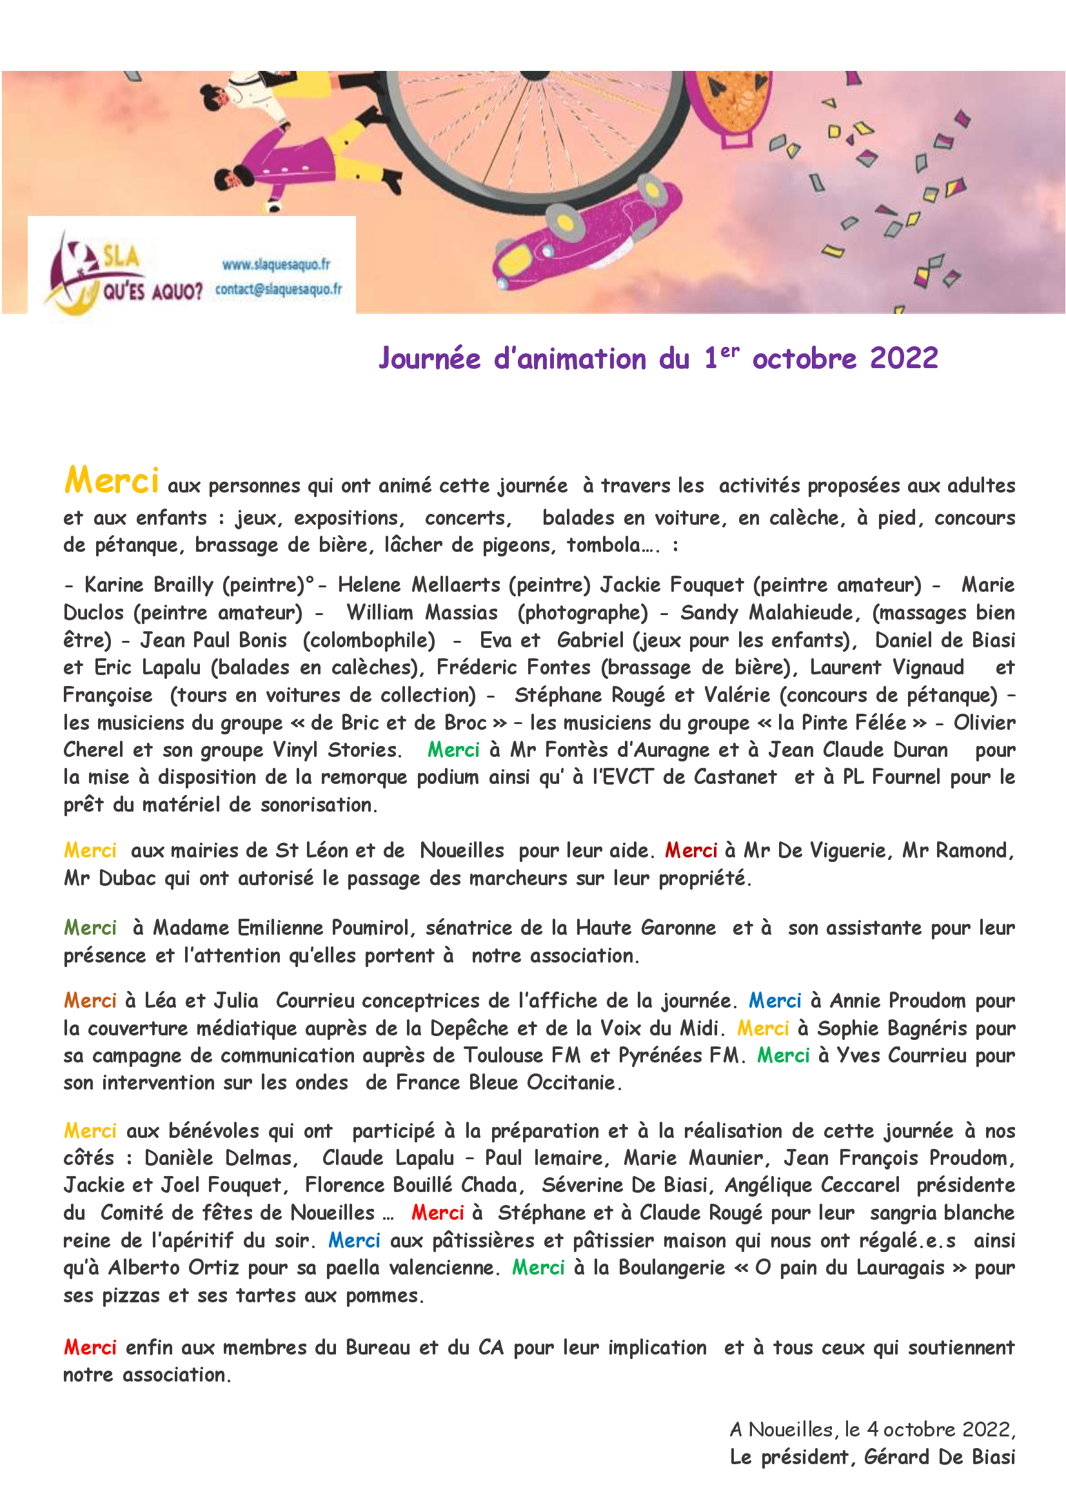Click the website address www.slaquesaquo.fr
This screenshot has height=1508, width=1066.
click(x=276, y=265)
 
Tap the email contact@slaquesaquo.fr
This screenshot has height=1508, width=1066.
click(x=279, y=289)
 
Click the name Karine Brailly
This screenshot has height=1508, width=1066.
click(x=149, y=585)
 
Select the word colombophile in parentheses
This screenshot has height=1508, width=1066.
click(x=368, y=640)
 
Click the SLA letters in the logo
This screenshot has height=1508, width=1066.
click(x=120, y=256)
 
